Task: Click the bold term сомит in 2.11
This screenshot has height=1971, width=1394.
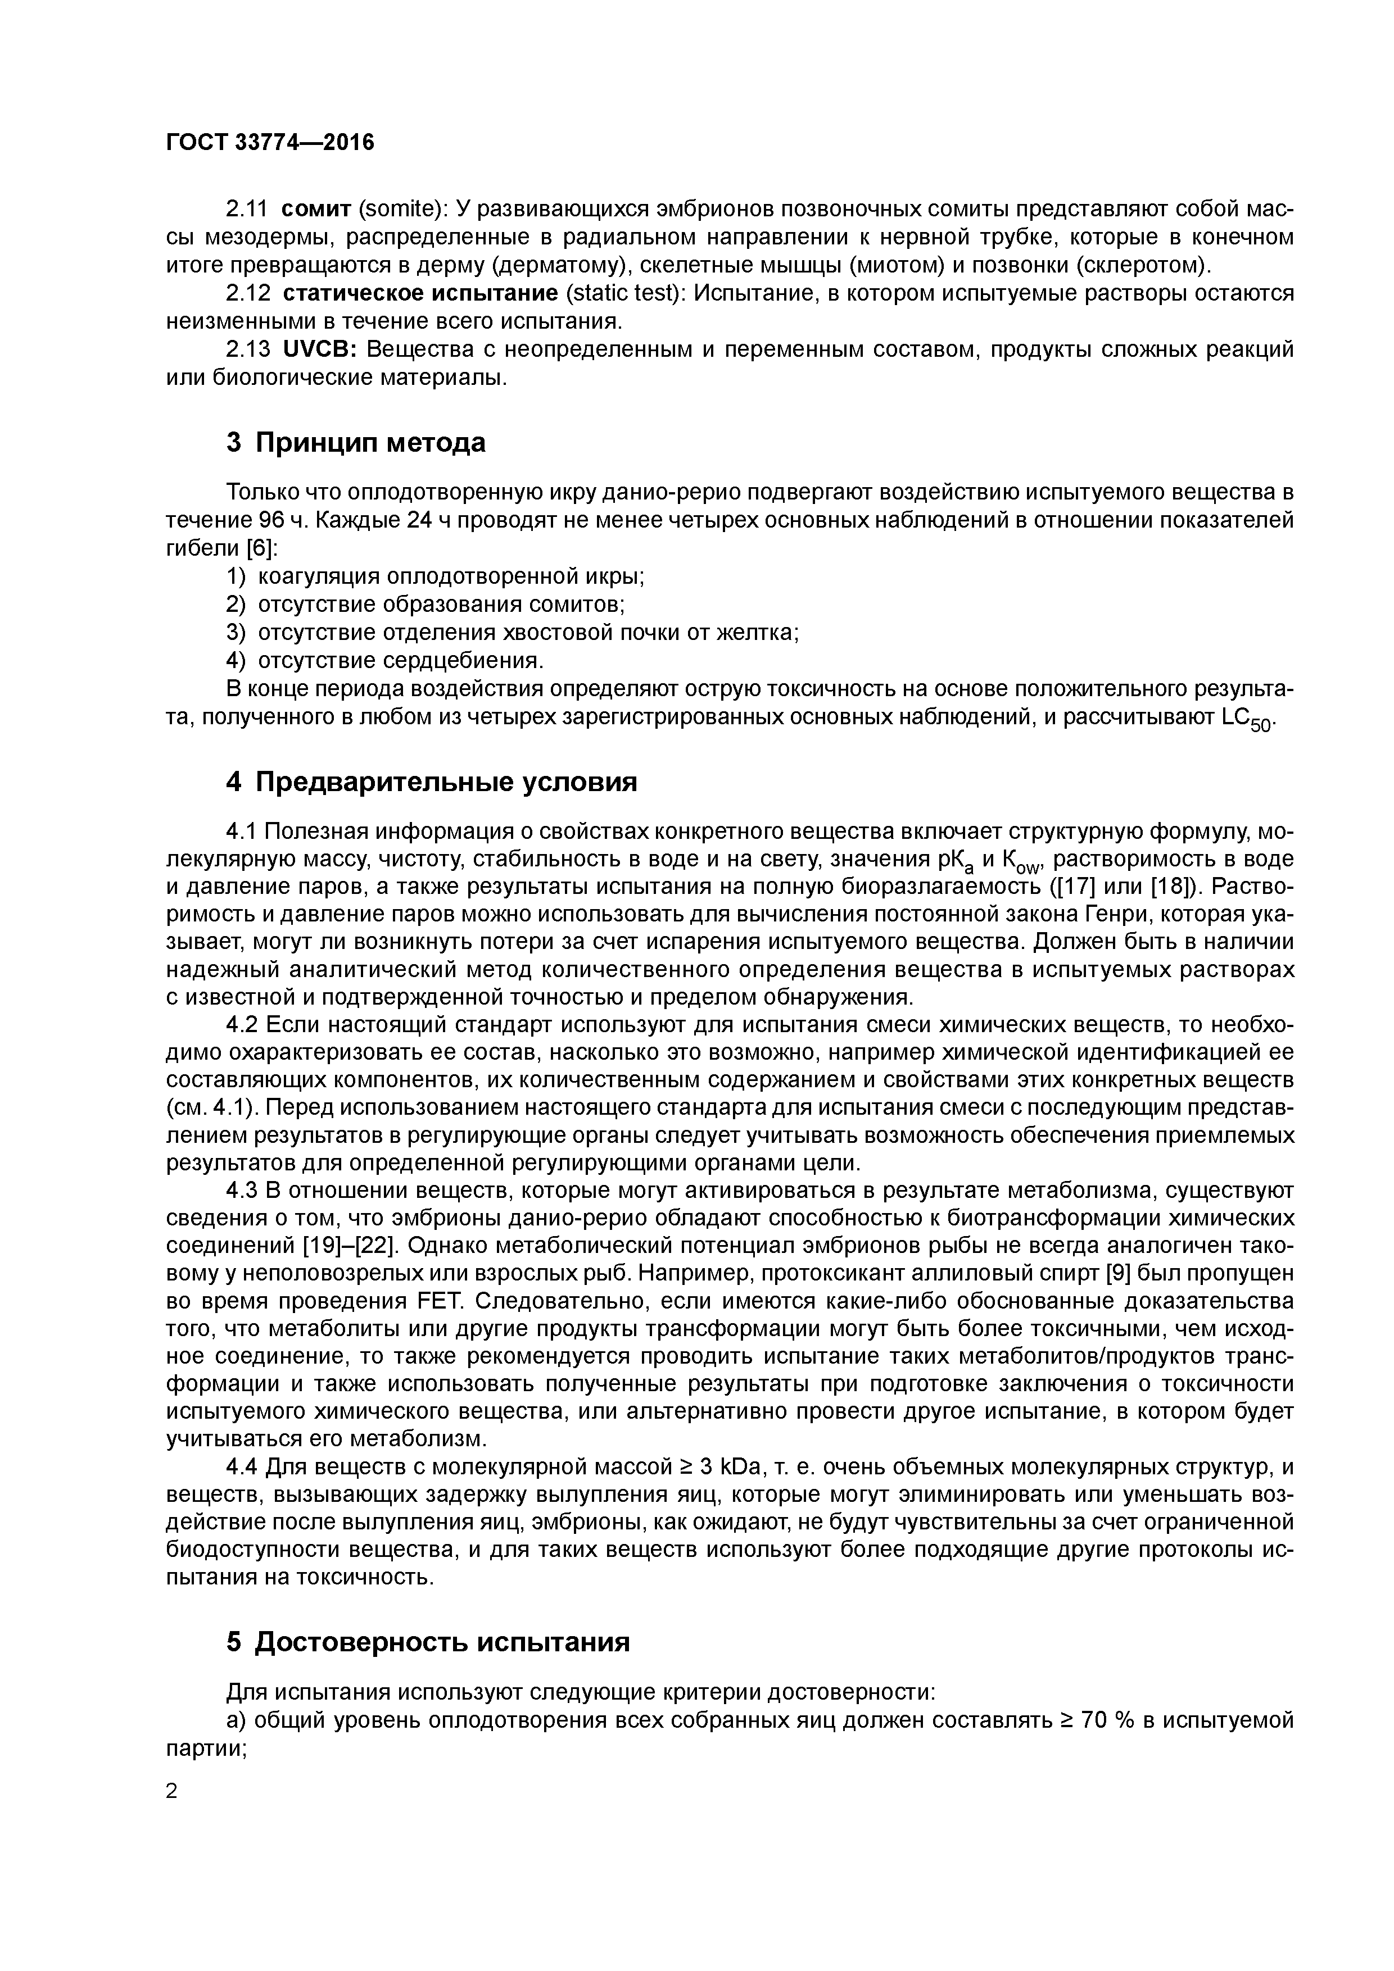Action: coord(317,208)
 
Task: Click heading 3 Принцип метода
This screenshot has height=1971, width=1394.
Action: coord(356,442)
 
